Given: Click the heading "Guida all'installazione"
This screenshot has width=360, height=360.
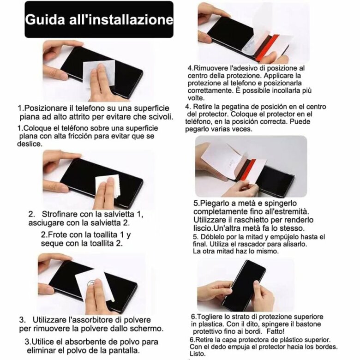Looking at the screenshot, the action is coord(99,19).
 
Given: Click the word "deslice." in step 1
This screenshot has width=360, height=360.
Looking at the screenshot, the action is coord(30,144).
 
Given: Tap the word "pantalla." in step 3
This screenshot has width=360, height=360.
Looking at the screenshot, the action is coord(124,350).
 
